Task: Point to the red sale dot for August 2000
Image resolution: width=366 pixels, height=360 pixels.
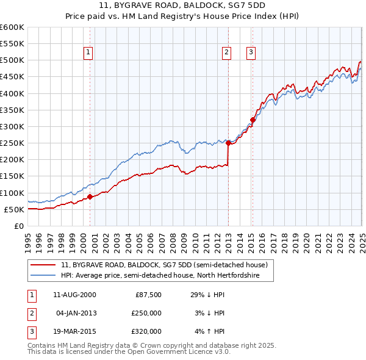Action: pyautogui.click(x=90, y=196)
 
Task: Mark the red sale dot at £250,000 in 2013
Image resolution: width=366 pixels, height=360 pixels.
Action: pyautogui.click(x=228, y=143)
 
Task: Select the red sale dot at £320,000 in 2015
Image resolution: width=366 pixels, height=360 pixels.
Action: pyautogui.click(x=253, y=120)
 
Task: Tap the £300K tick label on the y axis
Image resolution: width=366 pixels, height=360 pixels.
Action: pyautogui.click(x=12, y=126)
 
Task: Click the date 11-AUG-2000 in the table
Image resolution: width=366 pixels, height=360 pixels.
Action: pyautogui.click(x=74, y=295)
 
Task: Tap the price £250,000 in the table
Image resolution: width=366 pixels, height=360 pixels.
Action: pyautogui.click(x=147, y=313)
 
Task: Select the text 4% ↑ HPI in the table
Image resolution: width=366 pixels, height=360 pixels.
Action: pyautogui.click(x=210, y=331)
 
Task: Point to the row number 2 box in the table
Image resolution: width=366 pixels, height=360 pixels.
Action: pyautogui.click(x=31, y=313)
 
